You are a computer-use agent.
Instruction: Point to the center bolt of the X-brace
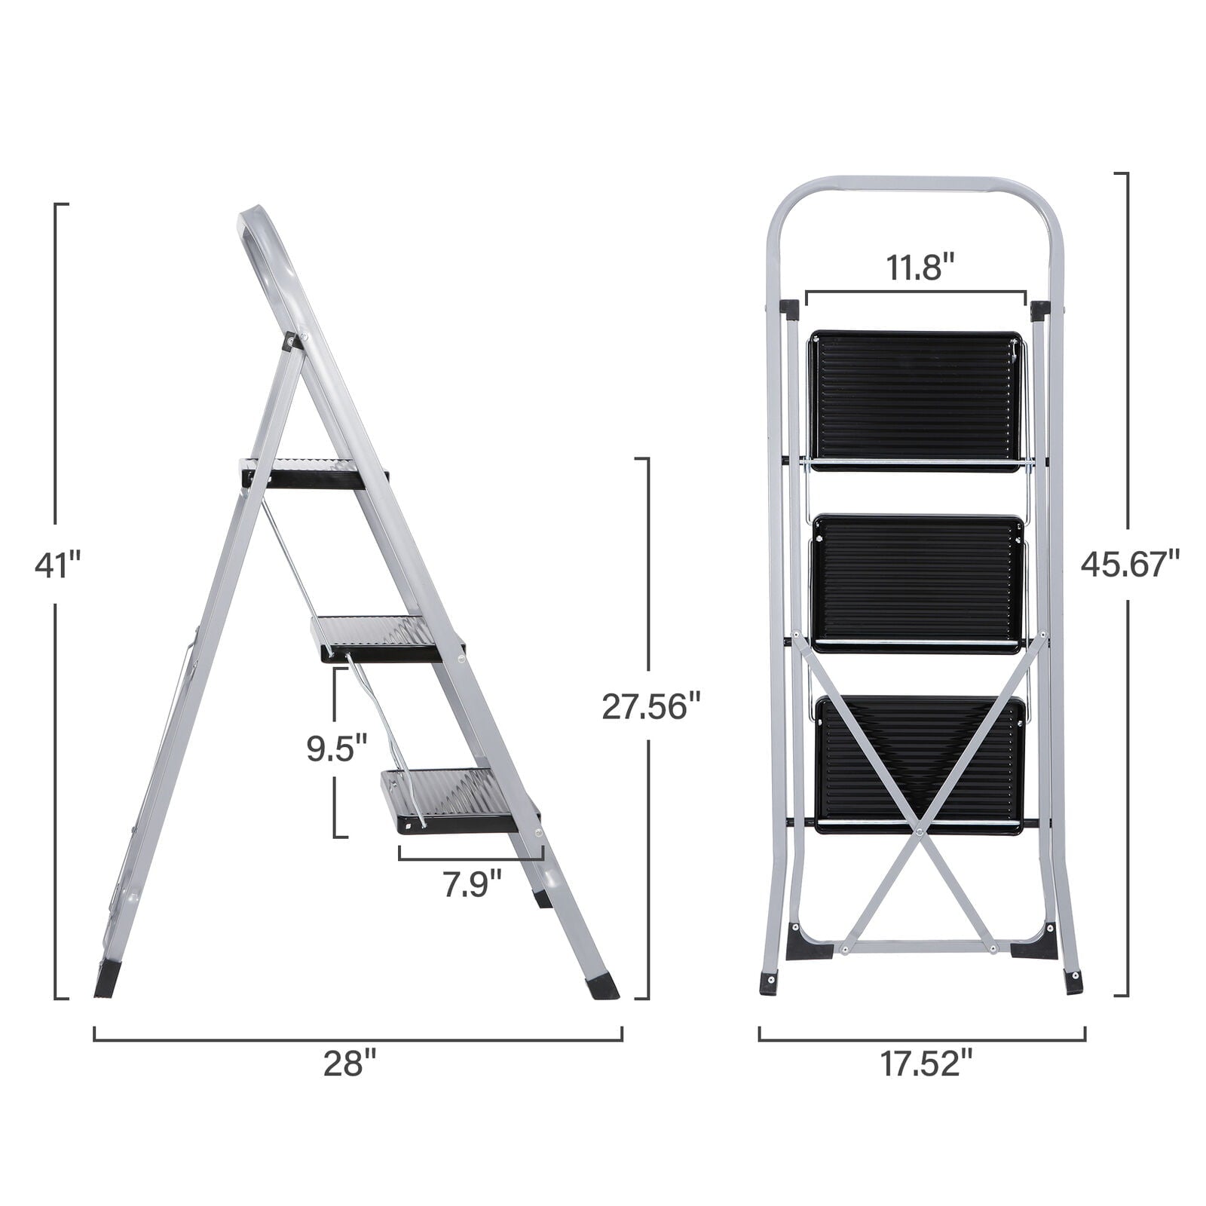point(920,832)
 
